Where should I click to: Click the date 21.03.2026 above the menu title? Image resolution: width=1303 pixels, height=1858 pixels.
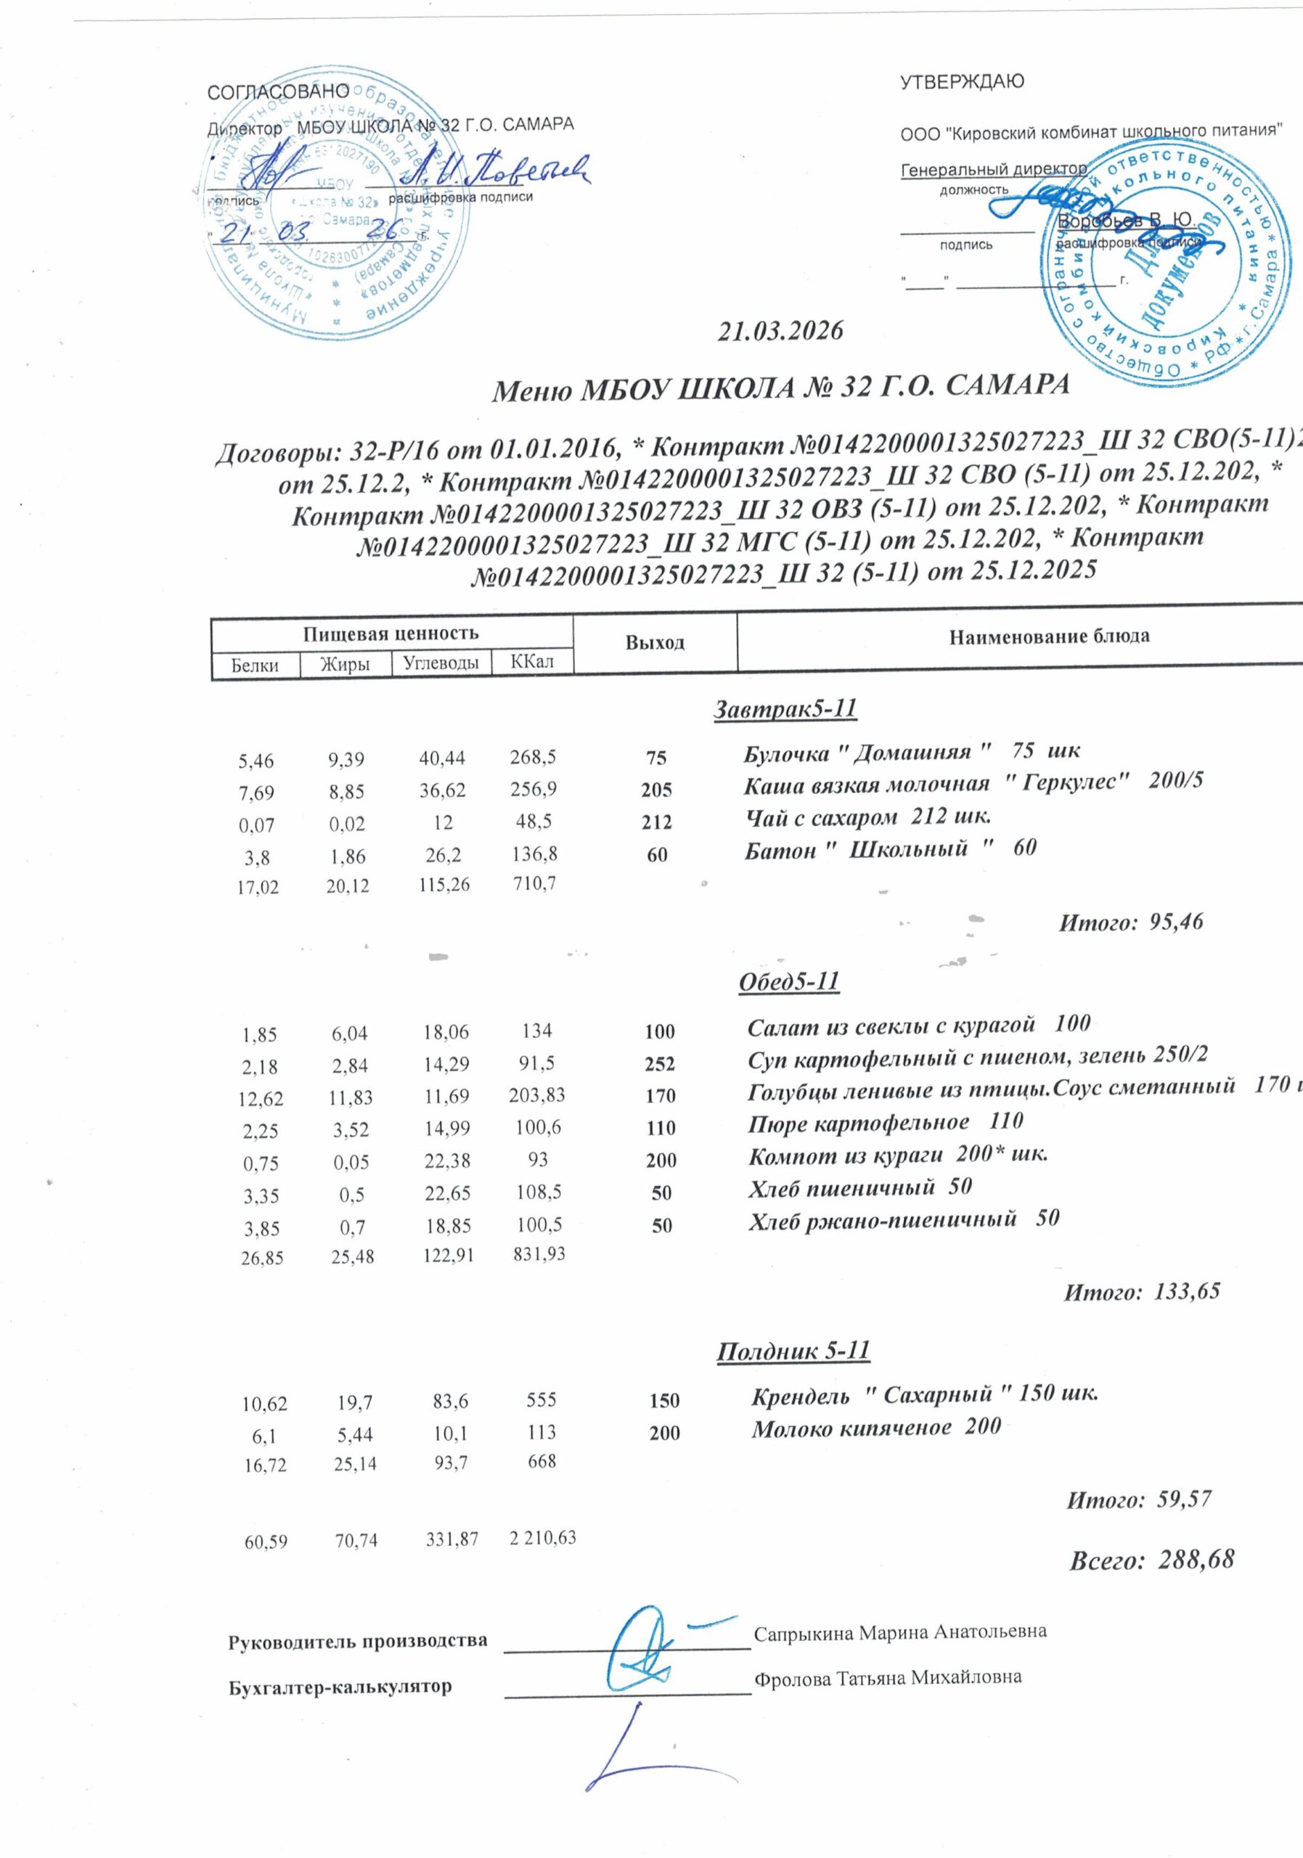pyautogui.click(x=781, y=330)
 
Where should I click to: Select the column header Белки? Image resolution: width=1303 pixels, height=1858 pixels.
pyautogui.click(x=255, y=666)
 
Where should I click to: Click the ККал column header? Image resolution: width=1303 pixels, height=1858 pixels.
pyautogui.click(x=531, y=662)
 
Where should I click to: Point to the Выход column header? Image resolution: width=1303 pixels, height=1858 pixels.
pyautogui.click(x=655, y=643)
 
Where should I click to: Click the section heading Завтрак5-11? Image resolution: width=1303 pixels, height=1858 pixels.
pyautogui.click(x=784, y=709)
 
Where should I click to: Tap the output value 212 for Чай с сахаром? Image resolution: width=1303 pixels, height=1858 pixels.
pyautogui.click(x=656, y=822)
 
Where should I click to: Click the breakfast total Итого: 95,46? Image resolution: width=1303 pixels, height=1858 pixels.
pyautogui.click(x=1131, y=921)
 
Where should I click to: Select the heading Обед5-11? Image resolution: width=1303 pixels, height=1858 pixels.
pyautogui.click(x=789, y=981)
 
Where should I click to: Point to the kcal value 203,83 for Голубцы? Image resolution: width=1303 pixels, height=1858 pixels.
pyautogui.click(x=536, y=1095)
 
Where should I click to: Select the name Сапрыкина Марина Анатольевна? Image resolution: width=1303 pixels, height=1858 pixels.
pyautogui.click(x=900, y=1631)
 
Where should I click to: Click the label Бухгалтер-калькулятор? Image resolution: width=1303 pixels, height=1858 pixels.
pyautogui.click(x=340, y=1687)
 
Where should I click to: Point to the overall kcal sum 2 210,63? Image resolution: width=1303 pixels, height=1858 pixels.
pyautogui.click(x=542, y=1536)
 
